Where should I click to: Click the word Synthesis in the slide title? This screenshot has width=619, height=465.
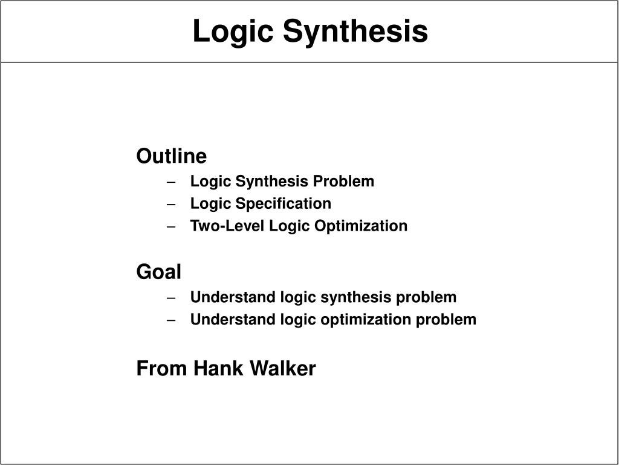coord(355,31)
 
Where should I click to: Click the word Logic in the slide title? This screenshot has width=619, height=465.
coord(233,31)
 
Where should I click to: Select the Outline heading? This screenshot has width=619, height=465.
coord(171,156)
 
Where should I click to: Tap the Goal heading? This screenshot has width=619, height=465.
coord(159,272)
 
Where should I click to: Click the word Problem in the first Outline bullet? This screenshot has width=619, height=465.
coord(343,181)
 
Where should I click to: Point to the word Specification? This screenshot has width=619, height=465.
coord(283,203)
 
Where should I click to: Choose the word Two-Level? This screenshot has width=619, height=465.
coord(227,226)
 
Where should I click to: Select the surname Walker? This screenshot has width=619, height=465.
coord(283,368)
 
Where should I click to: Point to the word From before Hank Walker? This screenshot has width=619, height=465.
coord(161,369)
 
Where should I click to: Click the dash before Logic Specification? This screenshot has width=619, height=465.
coord(171,205)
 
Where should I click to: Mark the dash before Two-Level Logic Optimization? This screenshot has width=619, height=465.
coord(171,227)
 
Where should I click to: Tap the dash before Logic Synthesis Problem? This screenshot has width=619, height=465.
coord(171,182)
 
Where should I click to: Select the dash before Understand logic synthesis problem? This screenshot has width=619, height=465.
coord(171,298)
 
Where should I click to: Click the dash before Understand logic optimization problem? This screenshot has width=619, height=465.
coord(171,320)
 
